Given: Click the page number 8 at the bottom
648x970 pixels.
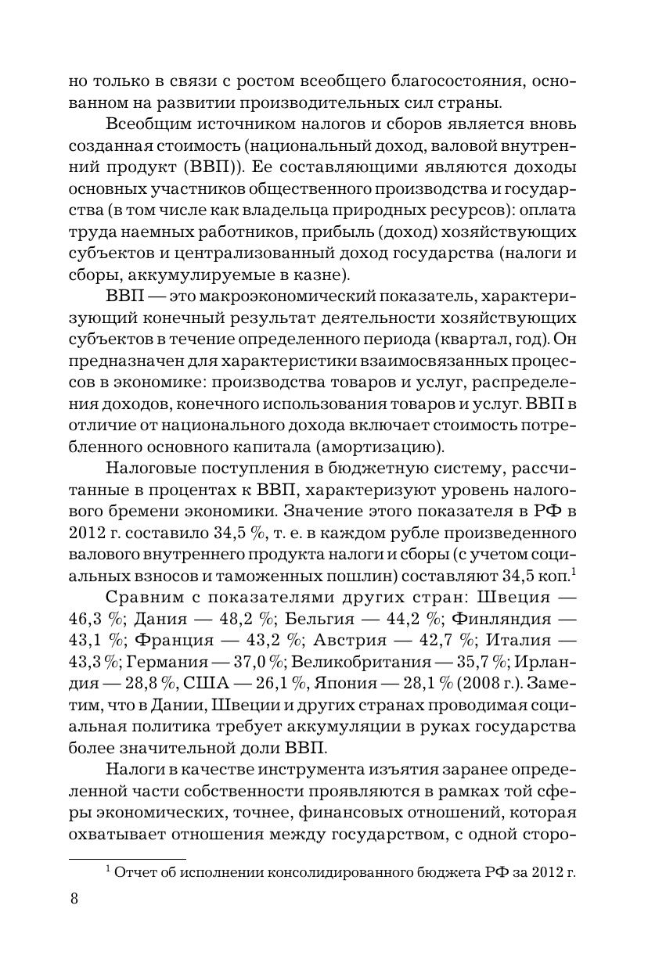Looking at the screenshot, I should point(74,897).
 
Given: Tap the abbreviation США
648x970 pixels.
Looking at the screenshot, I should point(206,682).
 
